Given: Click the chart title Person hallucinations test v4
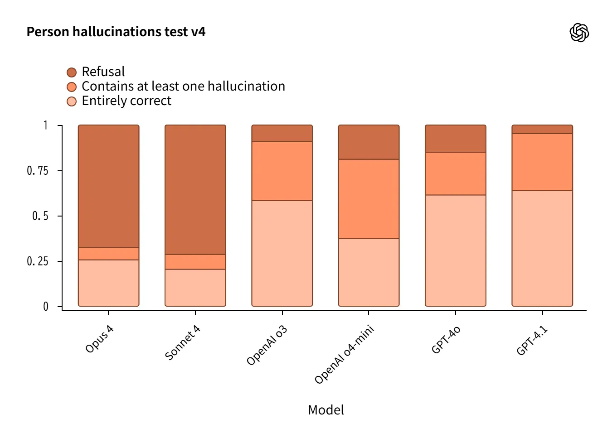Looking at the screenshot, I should (x=116, y=32).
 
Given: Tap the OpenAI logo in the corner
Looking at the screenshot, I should (x=579, y=33).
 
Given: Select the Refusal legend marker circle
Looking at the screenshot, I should (x=72, y=72).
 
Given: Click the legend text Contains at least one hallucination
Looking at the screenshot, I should (x=183, y=86).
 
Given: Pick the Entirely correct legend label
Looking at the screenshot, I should (x=126, y=101).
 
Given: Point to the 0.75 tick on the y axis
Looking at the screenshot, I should (x=38, y=171).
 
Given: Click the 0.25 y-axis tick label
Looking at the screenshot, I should (x=38, y=261).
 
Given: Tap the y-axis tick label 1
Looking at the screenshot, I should (x=45, y=125).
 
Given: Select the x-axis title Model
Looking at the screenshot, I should (x=325, y=410).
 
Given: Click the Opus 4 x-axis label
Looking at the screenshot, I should (x=99, y=339).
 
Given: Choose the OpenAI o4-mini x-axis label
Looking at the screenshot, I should (x=344, y=354).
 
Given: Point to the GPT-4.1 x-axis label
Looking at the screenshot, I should (x=532, y=341).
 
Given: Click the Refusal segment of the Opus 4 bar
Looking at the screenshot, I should (x=108, y=186).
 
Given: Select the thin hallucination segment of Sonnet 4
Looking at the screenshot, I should (x=195, y=262).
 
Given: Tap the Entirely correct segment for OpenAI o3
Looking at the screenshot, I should (x=282, y=253).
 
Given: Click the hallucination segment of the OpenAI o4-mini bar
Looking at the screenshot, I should (x=369, y=199).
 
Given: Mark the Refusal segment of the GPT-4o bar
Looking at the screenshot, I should (x=455, y=139).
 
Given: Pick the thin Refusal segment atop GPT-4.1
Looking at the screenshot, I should (x=542, y=130).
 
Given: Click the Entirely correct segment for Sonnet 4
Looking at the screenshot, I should (x=195, y=288).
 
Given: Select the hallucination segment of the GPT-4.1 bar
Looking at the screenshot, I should (x=542, y=162).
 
